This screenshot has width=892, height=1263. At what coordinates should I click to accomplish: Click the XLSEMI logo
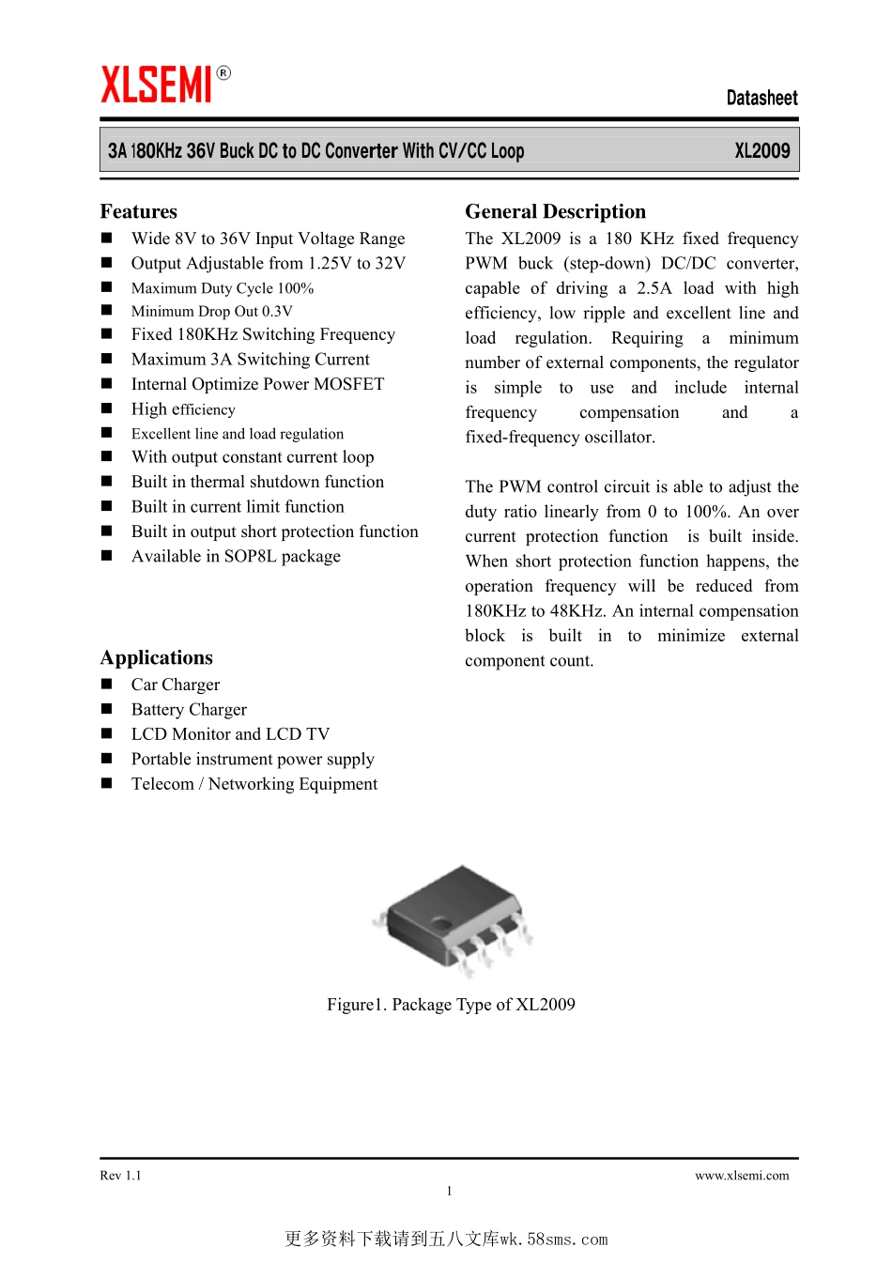tap(157, 85)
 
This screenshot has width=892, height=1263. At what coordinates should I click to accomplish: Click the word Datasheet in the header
tap(761, 98)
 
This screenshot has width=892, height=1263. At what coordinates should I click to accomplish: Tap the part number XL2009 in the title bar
tap(761, 150)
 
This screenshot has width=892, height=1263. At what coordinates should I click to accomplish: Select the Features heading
tap(139, 211)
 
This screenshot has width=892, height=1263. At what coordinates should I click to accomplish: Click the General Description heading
tap(555, 211)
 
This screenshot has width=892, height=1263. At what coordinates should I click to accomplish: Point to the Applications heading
tap(157, 657)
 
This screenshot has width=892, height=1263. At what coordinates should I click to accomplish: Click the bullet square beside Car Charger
tap(107, 685)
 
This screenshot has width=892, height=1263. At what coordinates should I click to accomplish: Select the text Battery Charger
tap(189, 710)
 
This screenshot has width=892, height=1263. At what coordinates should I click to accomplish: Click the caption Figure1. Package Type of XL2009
tap(451, 1005)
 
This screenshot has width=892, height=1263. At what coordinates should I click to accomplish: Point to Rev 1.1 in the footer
tap(120, 1176)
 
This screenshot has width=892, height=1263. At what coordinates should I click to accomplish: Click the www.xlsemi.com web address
tap(742, 1176)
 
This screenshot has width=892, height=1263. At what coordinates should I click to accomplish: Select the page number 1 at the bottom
tap(449, 1191)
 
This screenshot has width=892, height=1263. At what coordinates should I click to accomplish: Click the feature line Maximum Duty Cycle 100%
tap(223, 288)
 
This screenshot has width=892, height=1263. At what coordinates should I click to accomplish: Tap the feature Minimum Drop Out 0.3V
tap(212, 312)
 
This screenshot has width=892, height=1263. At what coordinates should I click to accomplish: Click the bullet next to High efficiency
tap(107, 408)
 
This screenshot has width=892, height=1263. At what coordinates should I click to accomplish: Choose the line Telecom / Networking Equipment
tap(254, 784)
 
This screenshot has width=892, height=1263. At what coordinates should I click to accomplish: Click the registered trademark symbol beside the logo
tap(223, 72)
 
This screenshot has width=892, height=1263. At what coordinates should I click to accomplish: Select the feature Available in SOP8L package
tap(236, 557)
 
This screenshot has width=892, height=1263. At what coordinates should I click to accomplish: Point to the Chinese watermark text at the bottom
tap(446, 1239)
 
